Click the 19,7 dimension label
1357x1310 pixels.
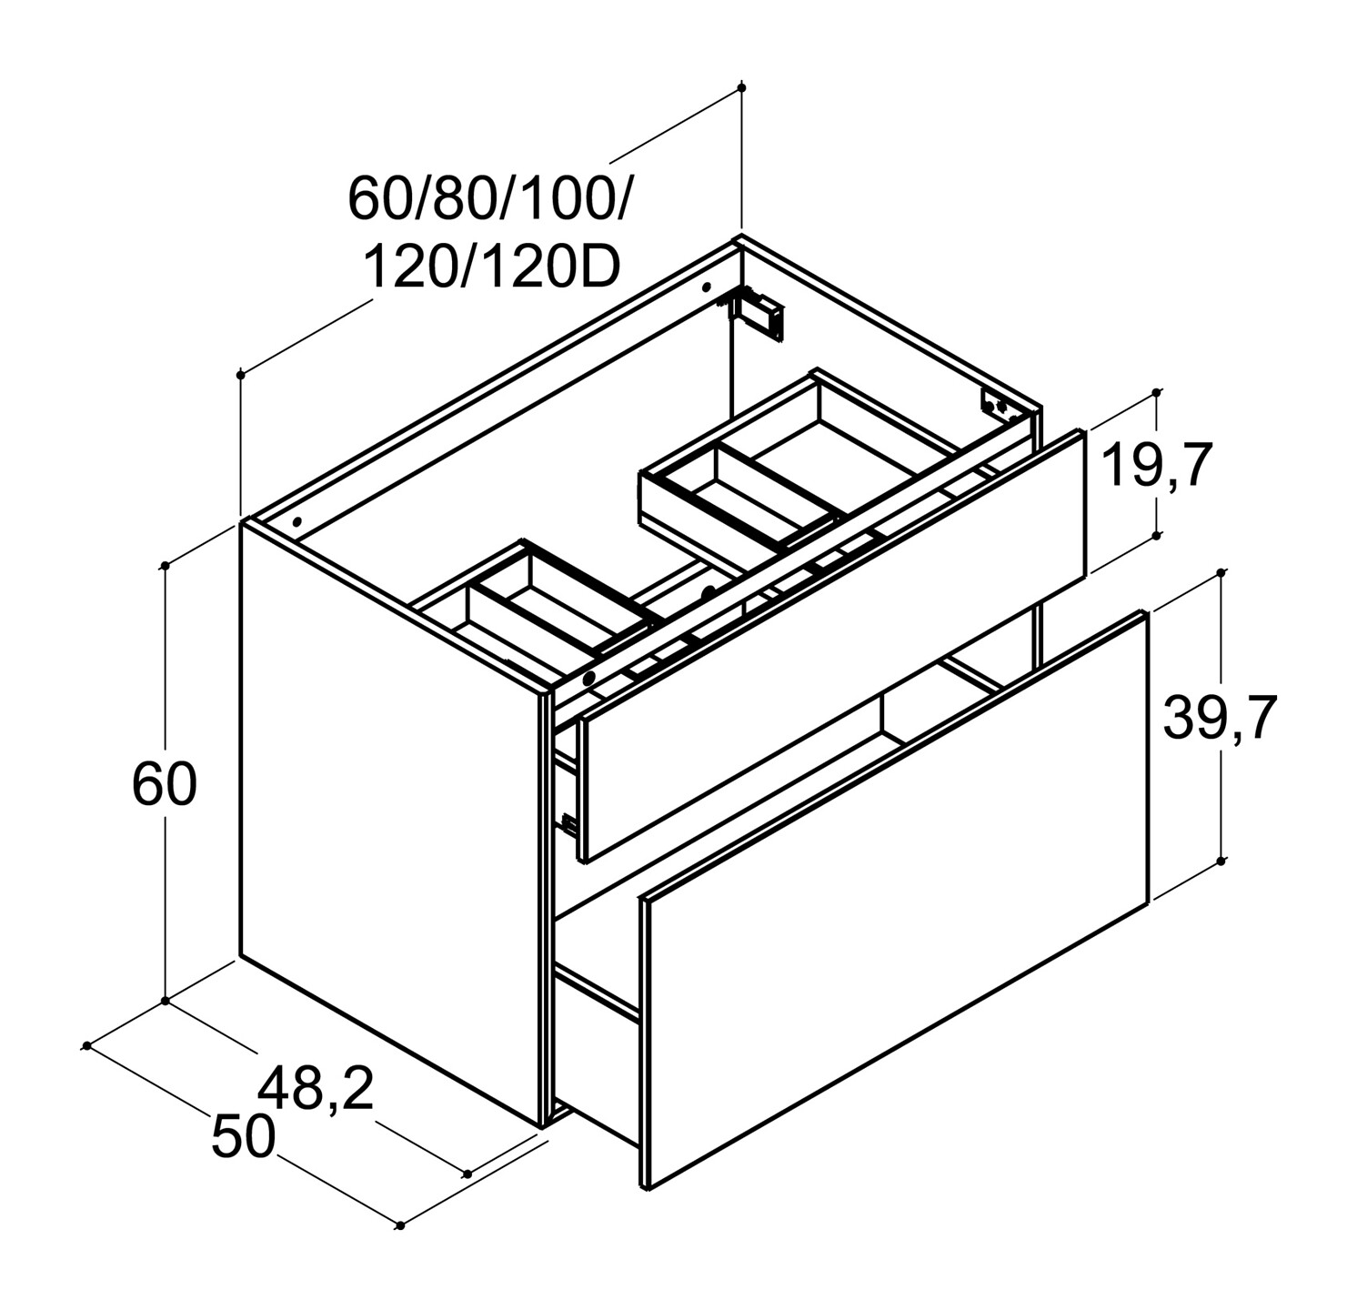point(1157,467)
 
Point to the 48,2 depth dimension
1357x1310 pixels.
point(316,1088)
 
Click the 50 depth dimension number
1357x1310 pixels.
point(243,1137)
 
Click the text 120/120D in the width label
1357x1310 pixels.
point(492,267)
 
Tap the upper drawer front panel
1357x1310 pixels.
point(832,646)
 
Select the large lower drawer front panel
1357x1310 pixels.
point(896,901)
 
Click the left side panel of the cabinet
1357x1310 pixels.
point(391,819)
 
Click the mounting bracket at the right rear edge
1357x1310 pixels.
point(995,404)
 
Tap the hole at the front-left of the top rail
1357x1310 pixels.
point(297,522)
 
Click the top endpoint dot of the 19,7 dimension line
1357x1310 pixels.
point(1156,393)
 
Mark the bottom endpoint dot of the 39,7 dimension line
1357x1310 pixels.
point(1221,860)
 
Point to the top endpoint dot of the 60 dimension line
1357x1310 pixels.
point(165,566)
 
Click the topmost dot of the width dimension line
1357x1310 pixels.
point(742,87)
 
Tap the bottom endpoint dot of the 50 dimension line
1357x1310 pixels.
point(399,1225)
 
